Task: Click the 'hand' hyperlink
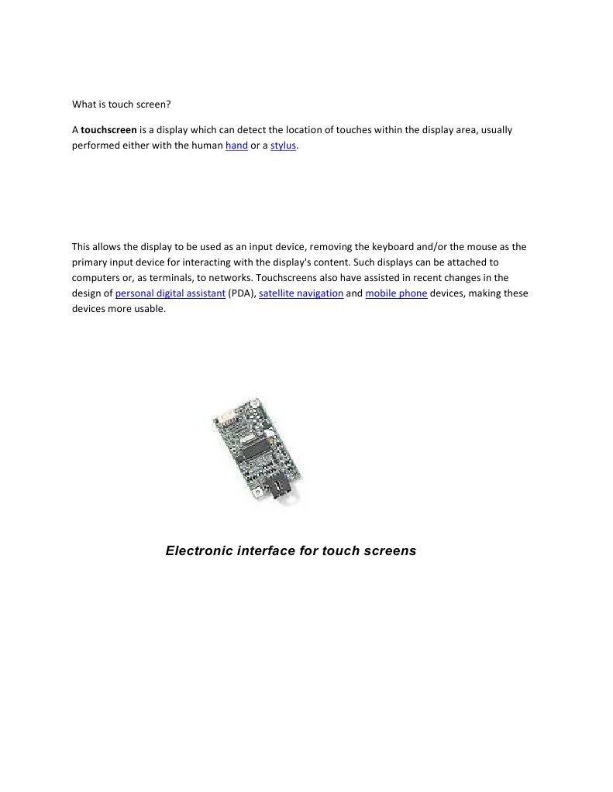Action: (236, 146)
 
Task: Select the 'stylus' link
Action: (283, 146)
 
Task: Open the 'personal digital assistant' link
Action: (170, 293)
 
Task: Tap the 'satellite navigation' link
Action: (301, 293)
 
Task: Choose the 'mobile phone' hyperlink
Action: (396, 293)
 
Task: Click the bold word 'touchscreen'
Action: (108, 130)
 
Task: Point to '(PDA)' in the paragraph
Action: (242, 293)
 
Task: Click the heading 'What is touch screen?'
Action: (121, 104)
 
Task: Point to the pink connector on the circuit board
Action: (226, 418)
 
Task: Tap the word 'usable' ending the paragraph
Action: (147, 309)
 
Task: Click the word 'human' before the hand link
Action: (207, 146)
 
